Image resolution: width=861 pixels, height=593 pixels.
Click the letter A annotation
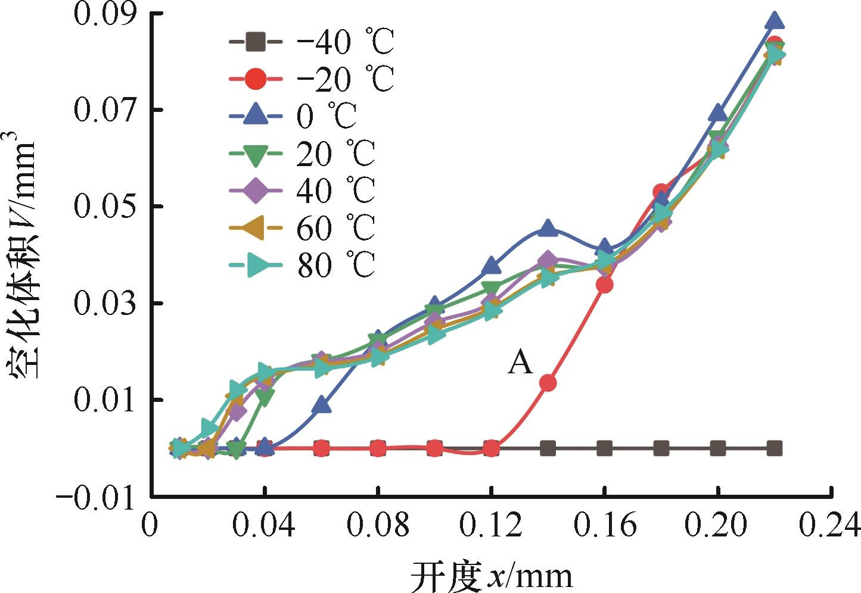pyautogui.click(x=520, y=362)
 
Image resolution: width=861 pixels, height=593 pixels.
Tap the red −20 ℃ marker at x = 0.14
pyautogui.click(x=548, y=383)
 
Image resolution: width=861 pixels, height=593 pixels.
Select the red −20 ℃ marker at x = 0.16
pyautogui.click(x=604, y=285)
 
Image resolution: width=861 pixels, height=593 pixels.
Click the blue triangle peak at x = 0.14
pyautogui.click(x=548, y=228)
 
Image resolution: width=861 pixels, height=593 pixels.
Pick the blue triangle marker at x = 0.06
pyautogui.click(x=322, y=405)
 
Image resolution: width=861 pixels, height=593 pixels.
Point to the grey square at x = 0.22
pyautogui.click(x=774, y=448)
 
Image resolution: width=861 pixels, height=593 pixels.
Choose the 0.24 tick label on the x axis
pyautogui.click(x=831, y=526)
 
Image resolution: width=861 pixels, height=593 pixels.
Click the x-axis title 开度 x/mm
pyautogui.click(x=492, y=576)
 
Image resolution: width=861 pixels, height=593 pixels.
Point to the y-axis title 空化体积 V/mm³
pyautogui.click(x=23, y=256)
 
